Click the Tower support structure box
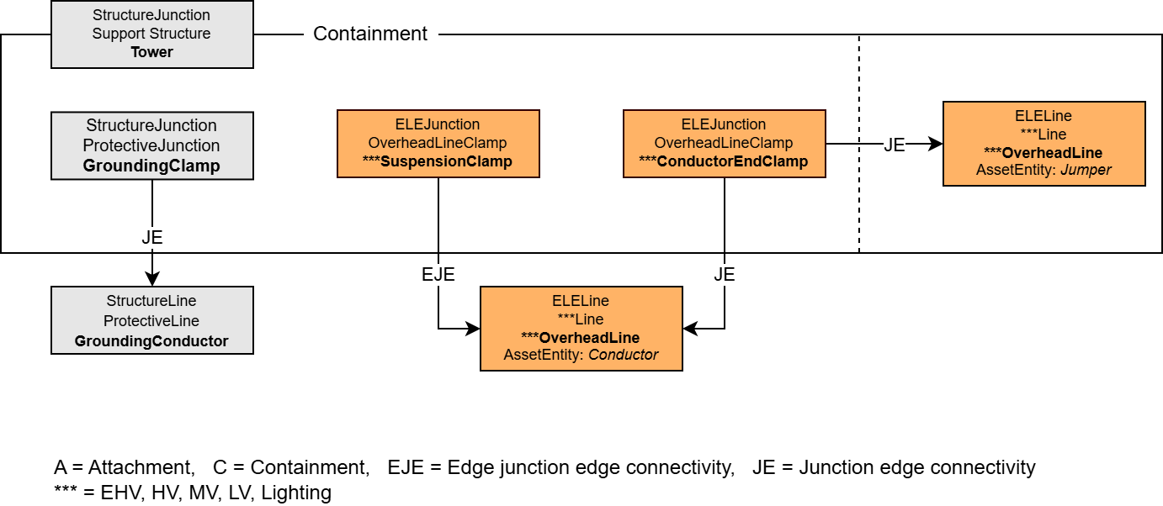[x=152, y=34]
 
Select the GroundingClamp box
[x=152, y=145]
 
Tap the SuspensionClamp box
[x=438, y=144]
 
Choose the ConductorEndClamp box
[x=724, y=144]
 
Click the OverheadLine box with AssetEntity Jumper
[x=1044, y=144]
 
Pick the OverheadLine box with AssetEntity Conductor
[x=581, y=329]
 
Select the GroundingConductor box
[x=152, y=320]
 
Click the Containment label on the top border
[x=370, y=34]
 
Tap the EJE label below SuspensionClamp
[x=438, y=274]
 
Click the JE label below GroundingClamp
[x=152, y=238]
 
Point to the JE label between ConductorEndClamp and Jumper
[x=894, y=145]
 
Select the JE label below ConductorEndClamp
[x=724, y=274]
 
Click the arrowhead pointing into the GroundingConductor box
[x=152, y=279]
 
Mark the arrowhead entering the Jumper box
[x=935, y=144]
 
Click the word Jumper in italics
[x=1086, y=170]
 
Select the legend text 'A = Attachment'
[x=124, y=467]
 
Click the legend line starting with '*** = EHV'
[x=193, y=493]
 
